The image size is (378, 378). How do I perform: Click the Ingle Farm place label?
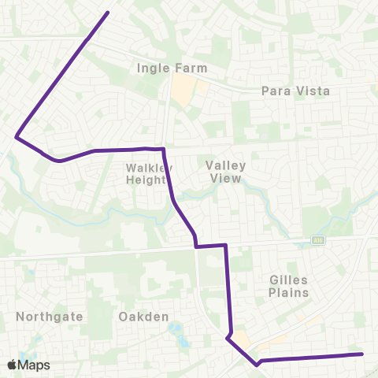[172, 68]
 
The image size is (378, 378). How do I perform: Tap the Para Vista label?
[295, 91]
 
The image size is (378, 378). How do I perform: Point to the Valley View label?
[226, 172]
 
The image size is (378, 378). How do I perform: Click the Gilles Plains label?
[287, 286]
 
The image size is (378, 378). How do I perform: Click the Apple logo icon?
[12, 365]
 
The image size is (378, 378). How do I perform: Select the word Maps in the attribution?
[34, 365]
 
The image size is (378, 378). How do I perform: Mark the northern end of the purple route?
[107, 12]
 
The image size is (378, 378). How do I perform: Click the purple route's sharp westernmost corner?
[16, 137]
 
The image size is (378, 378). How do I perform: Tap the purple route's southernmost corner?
[257, 365]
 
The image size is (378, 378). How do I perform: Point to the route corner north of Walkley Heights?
[162, 149]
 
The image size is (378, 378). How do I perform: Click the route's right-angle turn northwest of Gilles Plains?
[226, 246]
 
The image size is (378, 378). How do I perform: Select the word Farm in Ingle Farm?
[192, 68]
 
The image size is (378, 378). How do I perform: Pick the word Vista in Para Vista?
[313, 91]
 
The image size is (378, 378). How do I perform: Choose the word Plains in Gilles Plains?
[287, 293]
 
